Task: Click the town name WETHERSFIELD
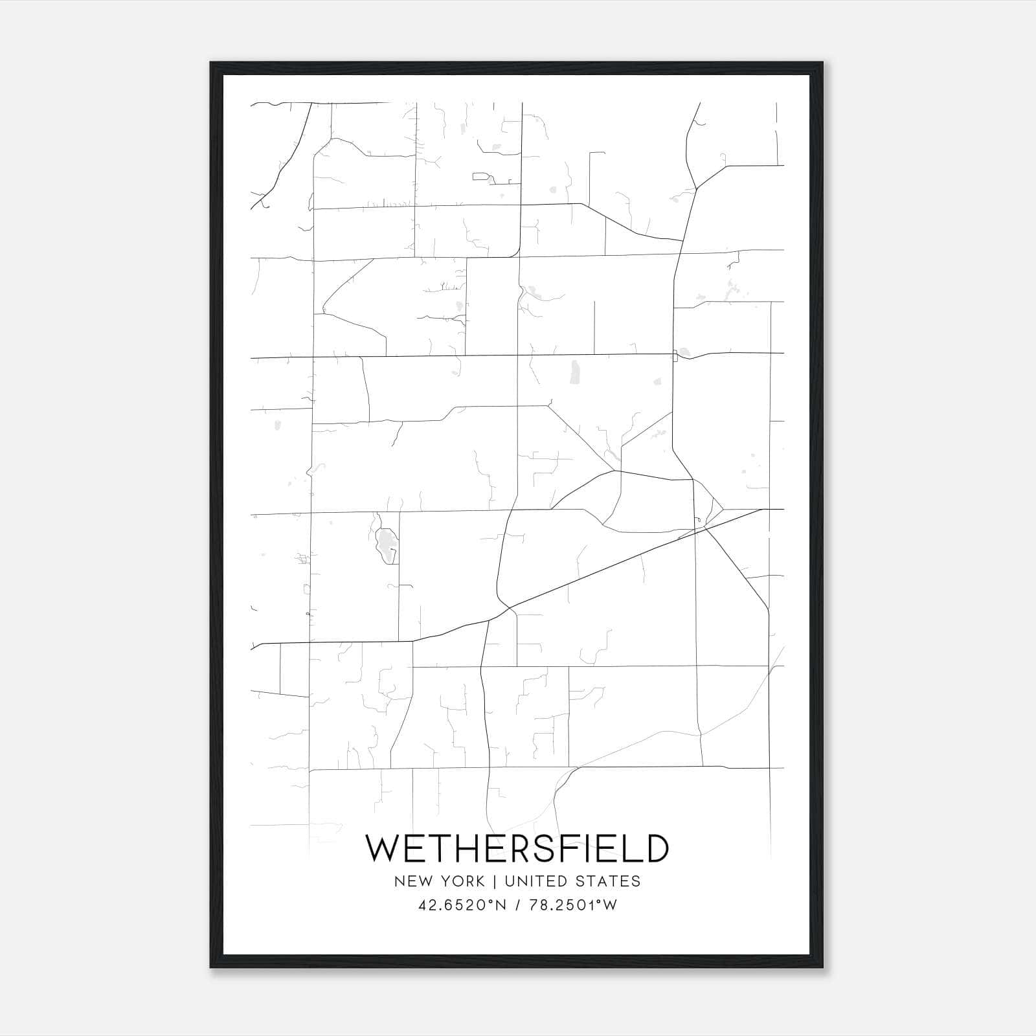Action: tap(517, 848)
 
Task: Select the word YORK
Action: tap(460, 881)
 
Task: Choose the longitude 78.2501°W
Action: tap(573, 905)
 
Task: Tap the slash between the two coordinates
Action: tap(515, 905)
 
